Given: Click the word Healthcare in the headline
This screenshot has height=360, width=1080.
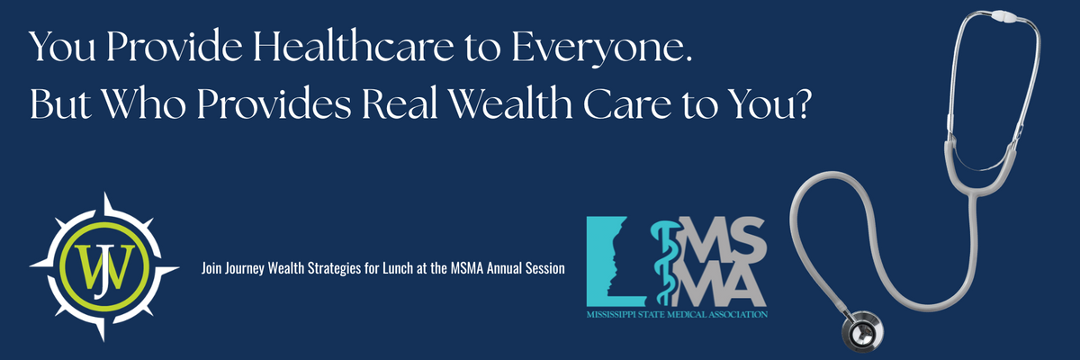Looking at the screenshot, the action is click(x=354, y=46).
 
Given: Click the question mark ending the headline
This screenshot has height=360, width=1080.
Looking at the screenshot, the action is click(x=800, y=103).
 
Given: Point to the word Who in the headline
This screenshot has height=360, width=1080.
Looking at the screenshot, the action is click(x=143, y=103).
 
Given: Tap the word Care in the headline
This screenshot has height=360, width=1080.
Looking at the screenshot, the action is click(x=626, y=104).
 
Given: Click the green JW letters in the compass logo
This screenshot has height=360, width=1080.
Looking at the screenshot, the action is click(x=104, y=269).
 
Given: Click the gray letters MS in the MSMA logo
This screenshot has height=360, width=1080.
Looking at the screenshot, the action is click(x=724, y=237).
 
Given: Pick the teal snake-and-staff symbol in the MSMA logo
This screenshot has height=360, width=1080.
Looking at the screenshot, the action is click(x=667, y=262).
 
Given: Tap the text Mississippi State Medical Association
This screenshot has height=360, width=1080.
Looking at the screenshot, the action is click(x=677, y=315).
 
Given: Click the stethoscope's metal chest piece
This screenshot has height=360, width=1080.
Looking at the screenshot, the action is click(x=862, y=330).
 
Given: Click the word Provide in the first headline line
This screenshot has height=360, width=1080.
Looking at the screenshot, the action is click(x=174, y=46).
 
